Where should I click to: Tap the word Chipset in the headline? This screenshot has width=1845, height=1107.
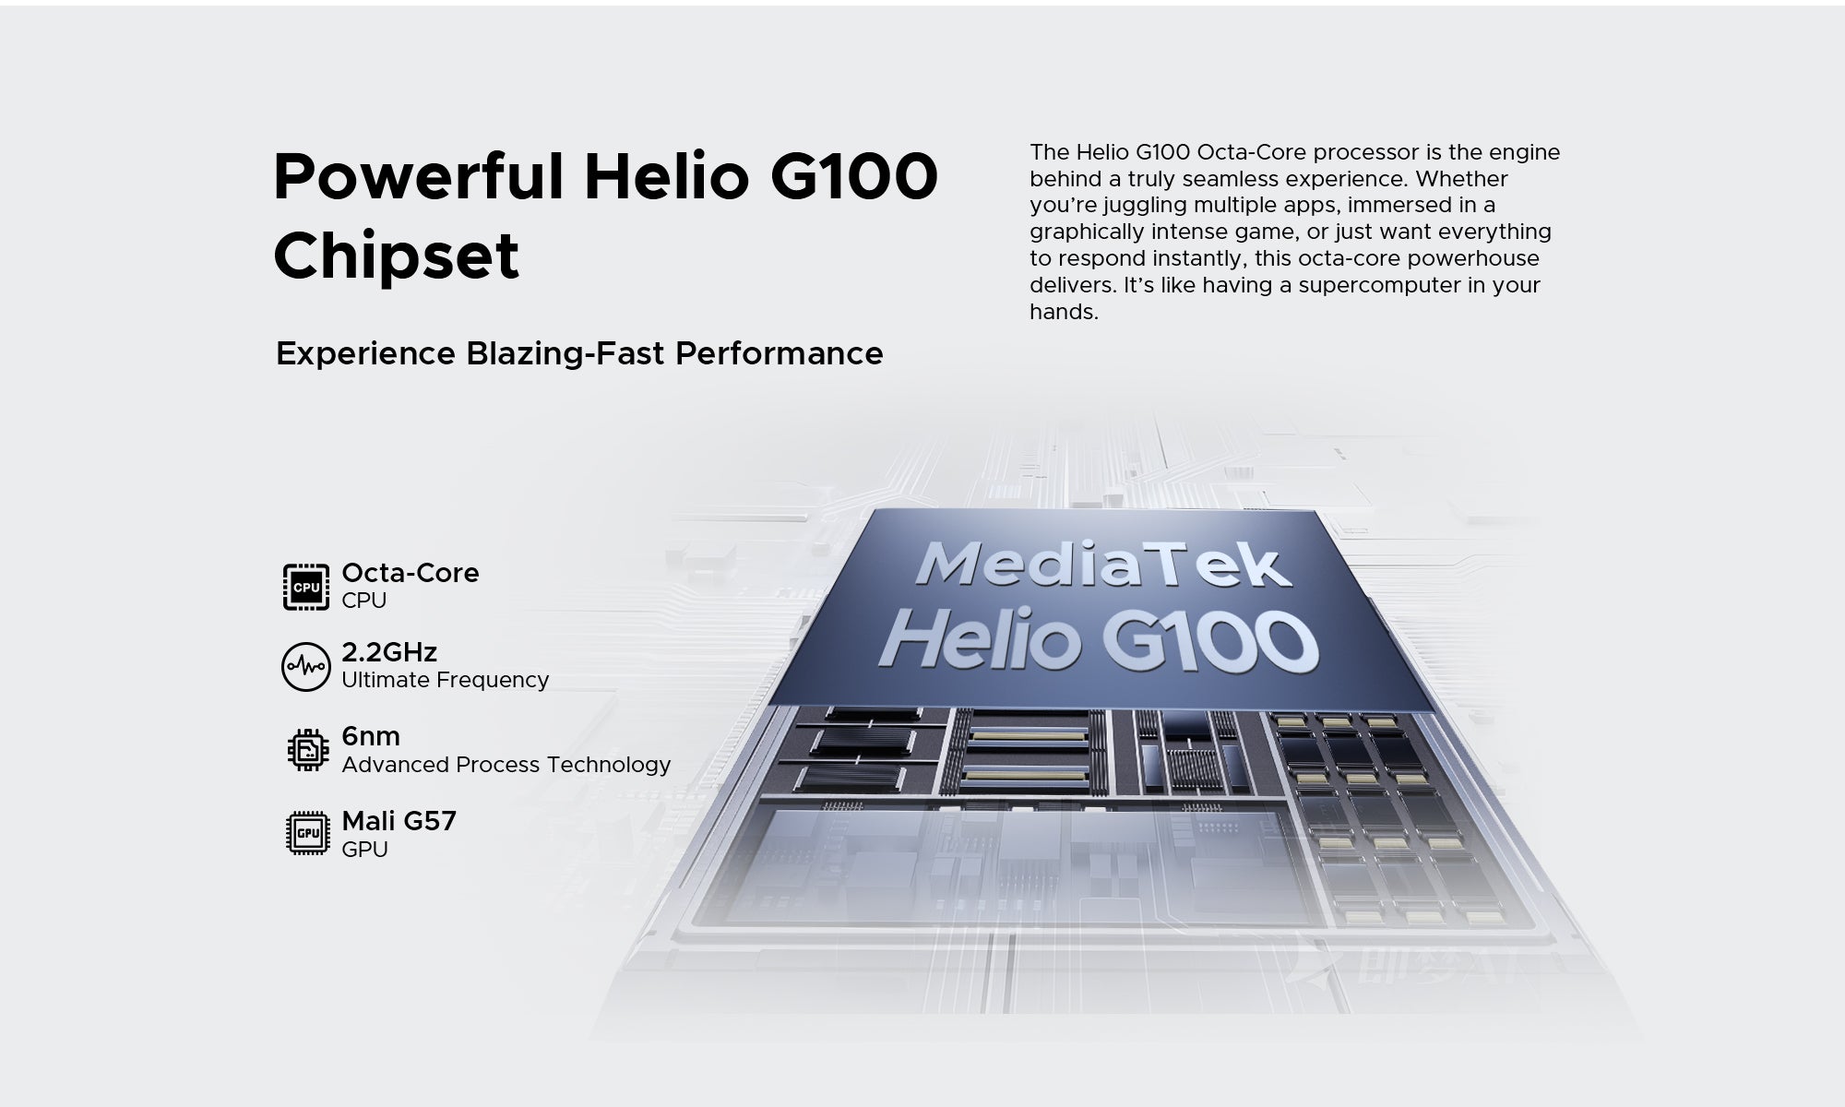pyautogui.click(x=396, y=256)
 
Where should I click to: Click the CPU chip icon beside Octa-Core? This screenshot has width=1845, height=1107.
pyautogui.click(x=305, y=588)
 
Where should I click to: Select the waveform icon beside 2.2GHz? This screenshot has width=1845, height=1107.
pyautogui.click(x=305, y=667)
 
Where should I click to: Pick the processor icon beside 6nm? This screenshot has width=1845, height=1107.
pyautogui.click(x=307, y=749)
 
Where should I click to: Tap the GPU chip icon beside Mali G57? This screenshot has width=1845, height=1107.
pyautogui.click(x=307, y=833)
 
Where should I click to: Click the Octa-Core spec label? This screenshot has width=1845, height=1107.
pyautogui.click(x=410, y=573)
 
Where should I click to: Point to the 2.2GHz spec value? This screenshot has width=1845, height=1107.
pyautogui.click(x=388, y=652)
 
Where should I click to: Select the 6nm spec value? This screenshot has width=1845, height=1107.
pyautogui.click(x=370, y=736)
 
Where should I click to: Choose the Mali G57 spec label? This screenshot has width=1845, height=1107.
pyautogui.click(x=399, y=821)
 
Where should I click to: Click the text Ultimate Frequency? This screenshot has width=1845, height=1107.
pyautogui.click(x=445, y=680)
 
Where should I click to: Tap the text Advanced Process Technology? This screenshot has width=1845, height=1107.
pyautogui.click(x=506, y=765)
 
